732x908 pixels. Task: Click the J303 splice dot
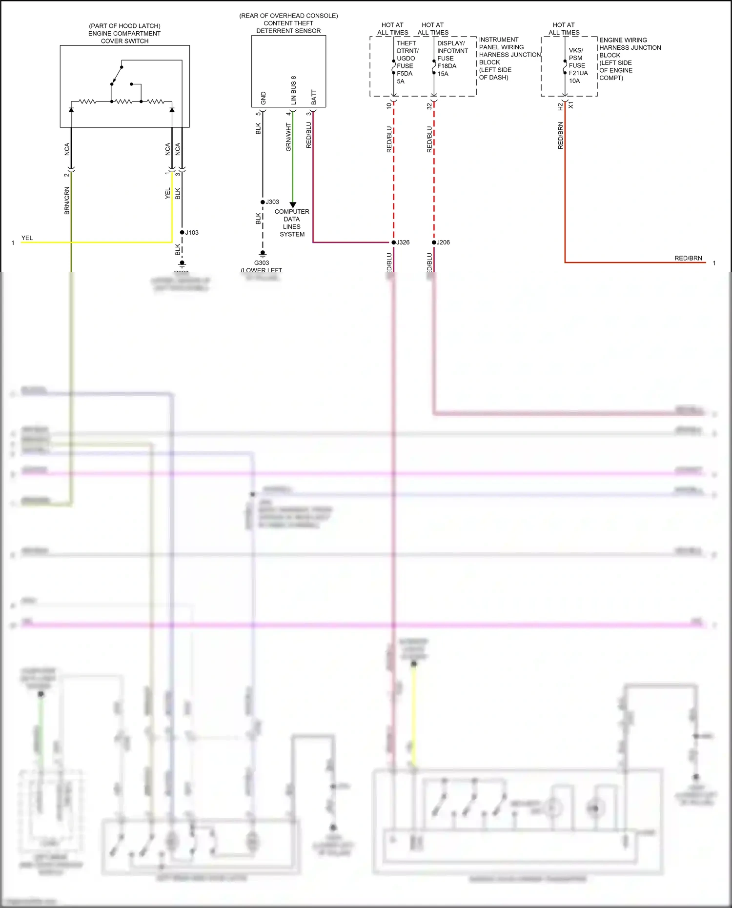pyautogui.click(x=263, y=202)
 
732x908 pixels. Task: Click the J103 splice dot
pyautogui.click(x=182, y=233)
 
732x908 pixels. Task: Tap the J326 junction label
pyautogui.click(x=403, y=242)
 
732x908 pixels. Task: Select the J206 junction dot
pyautogui.click(x=434, y=242)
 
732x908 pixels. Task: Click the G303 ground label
pyautogui.click(x=262, y=263)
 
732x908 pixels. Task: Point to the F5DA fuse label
pyautogui.click(x=405, y=74)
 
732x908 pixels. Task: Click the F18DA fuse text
pyautogui.click(x=447, y=66)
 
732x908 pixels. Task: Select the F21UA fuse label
pyautogui.click(x=578, y=73)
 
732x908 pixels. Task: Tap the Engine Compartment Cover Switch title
pyautogui.click(x=124, y=34)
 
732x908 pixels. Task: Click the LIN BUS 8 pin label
pyautogui.click(x=294, y=90)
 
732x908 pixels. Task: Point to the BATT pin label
pyautogui.click(x=314, y=97)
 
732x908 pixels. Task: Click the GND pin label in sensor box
pyautogui.click(x=264, y=98)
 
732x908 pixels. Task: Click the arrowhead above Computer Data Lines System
pyautogui.click(x=293, y=205)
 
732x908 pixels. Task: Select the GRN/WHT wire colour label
pyautogui.click(x=288, y=137)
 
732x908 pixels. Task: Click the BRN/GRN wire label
pyautogui.click(x=67, y=201)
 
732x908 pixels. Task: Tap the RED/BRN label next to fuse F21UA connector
pyautogui.click(x=560, y=136)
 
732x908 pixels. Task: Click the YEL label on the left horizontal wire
pyautogui.click(x=27, y=238)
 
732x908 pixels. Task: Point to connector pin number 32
pyautogui.click(x=429, y=105)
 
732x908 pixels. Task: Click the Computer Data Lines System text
pyautogui.click(x=292, y=223)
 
